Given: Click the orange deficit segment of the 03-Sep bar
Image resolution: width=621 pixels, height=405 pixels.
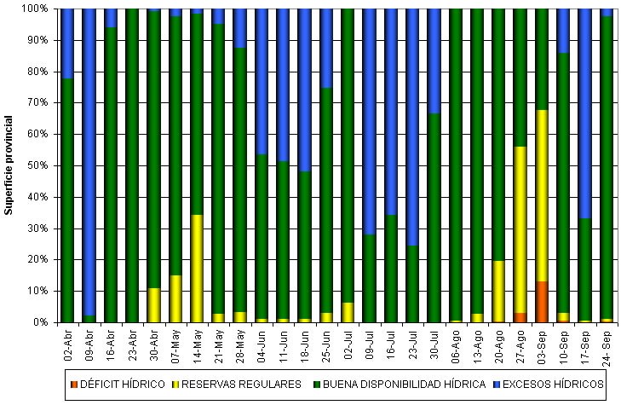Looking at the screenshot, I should [542, 302].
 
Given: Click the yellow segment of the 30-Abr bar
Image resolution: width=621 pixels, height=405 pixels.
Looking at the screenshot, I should [154, 305].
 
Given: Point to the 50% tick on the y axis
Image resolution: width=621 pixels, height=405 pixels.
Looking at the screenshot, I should [55, 165].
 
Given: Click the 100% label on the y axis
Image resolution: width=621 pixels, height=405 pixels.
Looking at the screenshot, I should [37, 9].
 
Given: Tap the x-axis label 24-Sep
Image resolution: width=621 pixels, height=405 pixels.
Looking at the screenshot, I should [607, 344].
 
